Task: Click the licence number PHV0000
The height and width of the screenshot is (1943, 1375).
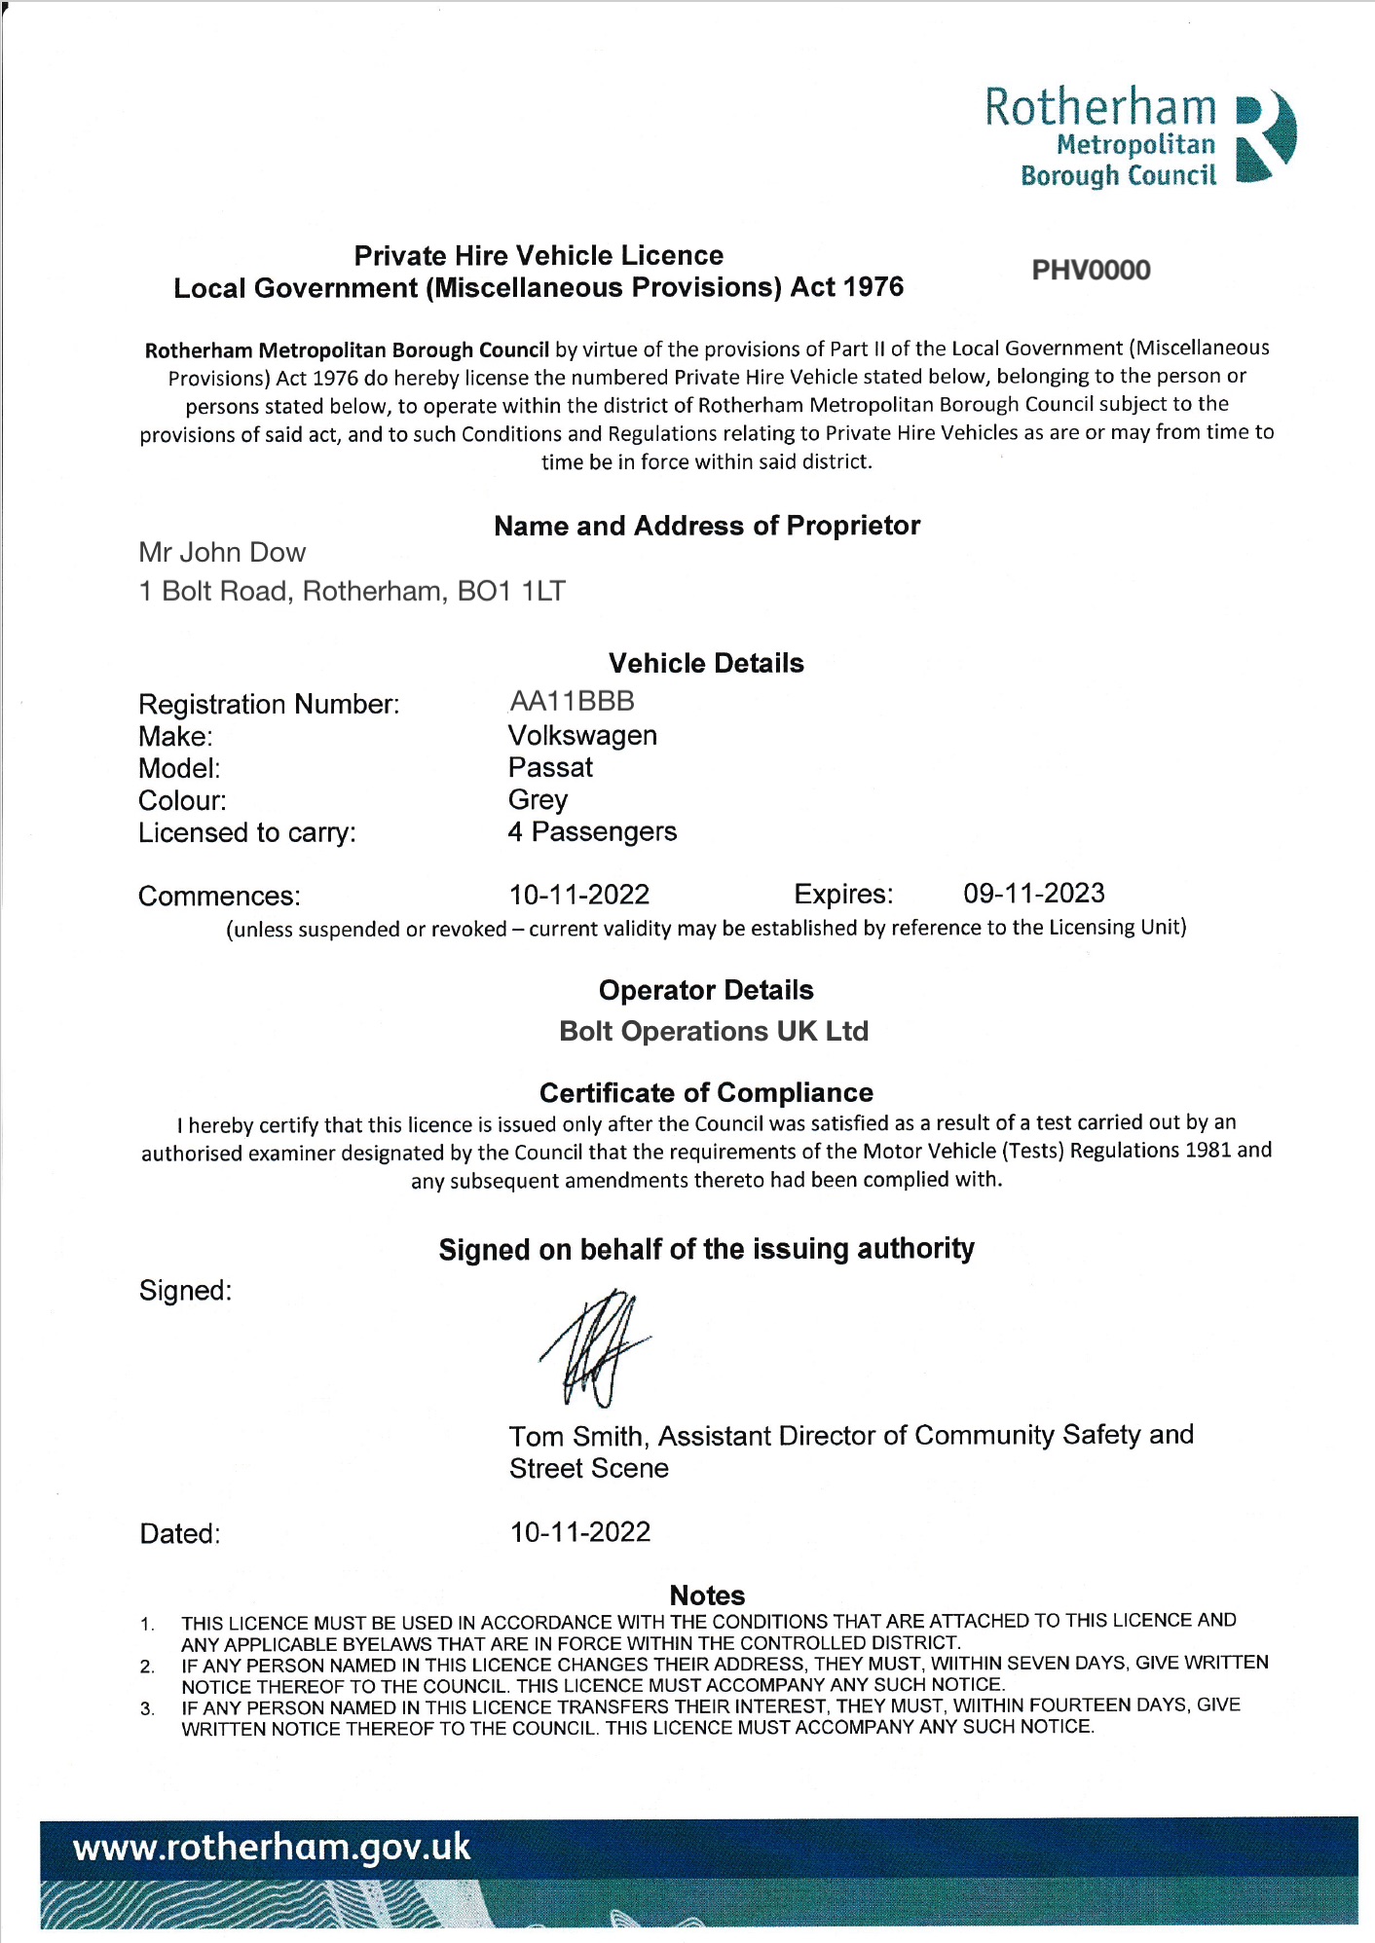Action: coord(1091,271)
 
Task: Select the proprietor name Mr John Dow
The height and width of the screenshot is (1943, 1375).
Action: coord(222,553)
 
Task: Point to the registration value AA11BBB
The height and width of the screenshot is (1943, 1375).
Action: coord(572,702)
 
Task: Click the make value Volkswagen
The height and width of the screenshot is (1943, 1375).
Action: coord(582,736)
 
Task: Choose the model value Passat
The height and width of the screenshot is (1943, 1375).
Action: coord(550,768)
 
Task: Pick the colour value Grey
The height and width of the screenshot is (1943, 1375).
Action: coord(538,800)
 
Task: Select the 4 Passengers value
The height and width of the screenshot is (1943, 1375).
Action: coord(592,832)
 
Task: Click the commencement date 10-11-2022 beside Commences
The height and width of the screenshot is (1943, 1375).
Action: coord(579,895)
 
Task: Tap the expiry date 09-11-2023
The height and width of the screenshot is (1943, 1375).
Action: coord(1034,894)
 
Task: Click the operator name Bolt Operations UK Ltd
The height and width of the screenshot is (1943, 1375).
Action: coord(714,1032)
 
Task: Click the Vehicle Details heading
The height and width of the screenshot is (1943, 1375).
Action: coord(706,664)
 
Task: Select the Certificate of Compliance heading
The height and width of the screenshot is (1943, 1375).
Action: coord(706,1093)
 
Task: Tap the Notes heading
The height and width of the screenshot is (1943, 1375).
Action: coord(707,1595)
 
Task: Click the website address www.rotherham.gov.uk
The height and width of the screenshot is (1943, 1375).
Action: coord(272,1848)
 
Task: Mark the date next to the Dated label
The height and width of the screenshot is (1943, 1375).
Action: coord(580,1532)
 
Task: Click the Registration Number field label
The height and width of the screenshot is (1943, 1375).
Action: coord(269,705)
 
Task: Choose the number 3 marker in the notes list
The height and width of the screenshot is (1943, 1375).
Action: coord(147,1708)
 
